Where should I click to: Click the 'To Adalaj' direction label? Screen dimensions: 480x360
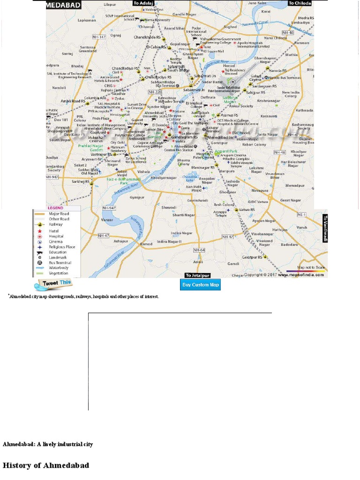(143, 3)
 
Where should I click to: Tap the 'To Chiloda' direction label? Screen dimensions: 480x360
(300, 3)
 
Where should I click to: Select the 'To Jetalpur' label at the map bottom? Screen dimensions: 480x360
(197, 275)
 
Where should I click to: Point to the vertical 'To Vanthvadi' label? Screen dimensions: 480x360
(324, 228)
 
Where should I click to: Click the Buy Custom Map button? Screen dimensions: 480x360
(201, 285)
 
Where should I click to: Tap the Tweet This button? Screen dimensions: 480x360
(52, 284)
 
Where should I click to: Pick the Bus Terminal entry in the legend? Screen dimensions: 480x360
(59, 262)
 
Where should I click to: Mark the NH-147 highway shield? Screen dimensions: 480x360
(99, 37)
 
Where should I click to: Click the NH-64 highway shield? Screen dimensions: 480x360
(199, 250)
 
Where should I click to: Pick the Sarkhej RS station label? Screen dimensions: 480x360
(81, 181)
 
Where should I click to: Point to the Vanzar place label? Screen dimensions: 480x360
(107, 220)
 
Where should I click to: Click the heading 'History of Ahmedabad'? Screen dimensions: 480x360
(46, 465)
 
